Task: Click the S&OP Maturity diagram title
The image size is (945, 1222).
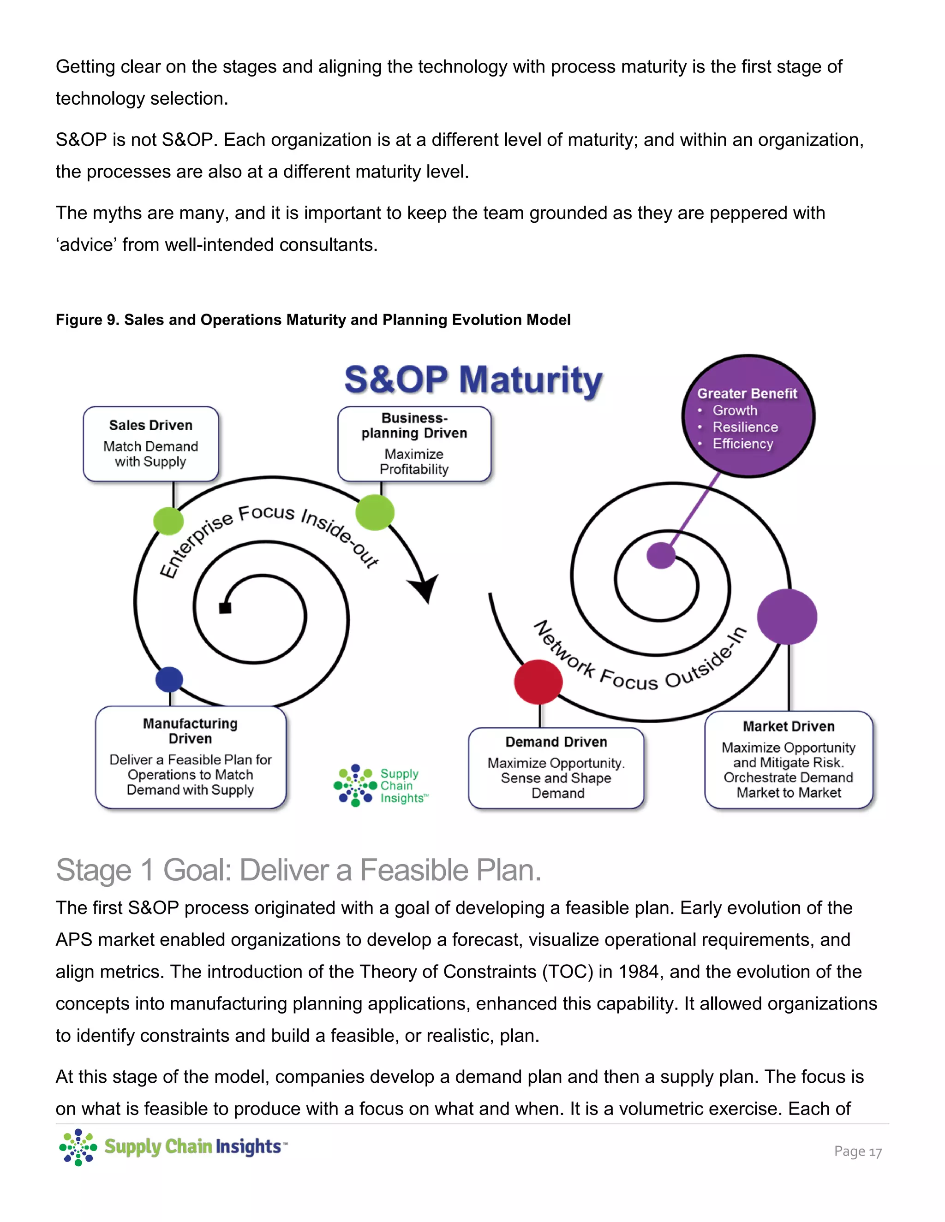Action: pos(473,380)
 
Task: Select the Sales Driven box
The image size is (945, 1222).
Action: pos(150,444)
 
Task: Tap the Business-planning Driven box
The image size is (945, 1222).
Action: pos(414,444)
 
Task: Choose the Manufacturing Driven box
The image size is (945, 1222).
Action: pos(191,757)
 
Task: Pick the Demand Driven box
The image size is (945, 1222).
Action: pos(556,768)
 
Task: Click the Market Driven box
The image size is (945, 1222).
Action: pos(788,759)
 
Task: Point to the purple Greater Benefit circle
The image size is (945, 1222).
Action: pos(748,416)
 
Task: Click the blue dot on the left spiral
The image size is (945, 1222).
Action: pos(169,679)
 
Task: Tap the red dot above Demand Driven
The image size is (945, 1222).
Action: pos(538,682)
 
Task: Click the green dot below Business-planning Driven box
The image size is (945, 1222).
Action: pos(375,512)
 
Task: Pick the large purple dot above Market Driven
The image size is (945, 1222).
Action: pos(787,617)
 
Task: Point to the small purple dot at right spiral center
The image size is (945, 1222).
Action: pos(661,555)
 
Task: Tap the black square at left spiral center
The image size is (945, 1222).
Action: pos(225,608)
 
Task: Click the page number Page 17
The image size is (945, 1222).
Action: pos(858,1151)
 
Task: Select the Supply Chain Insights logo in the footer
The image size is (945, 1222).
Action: pos(173,1146)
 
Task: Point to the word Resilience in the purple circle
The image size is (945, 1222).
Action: pos(745,427)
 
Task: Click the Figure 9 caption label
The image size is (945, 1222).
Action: pos(313,320)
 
